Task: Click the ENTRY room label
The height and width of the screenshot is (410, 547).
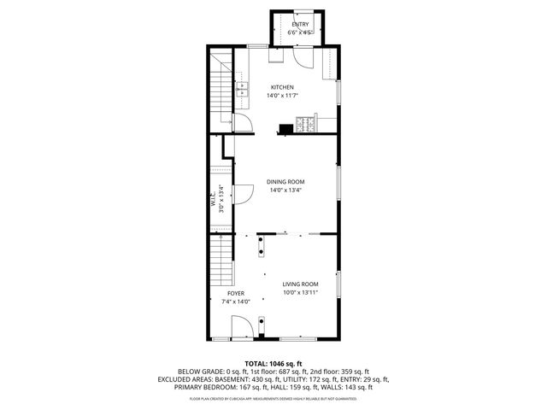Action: point(300,25)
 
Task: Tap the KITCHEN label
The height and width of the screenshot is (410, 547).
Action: point(282,87)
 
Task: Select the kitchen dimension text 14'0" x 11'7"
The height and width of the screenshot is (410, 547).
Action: point(282,96)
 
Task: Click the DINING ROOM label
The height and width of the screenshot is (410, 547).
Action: point(285,181)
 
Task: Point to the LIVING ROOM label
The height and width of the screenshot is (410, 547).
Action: point(301,284)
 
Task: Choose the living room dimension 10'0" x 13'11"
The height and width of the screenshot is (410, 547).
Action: point(301,292)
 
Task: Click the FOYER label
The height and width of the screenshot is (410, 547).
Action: point(236,292)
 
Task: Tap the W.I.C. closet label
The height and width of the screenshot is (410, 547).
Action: point(213,202)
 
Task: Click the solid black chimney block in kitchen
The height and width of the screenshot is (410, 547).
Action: point(283,130)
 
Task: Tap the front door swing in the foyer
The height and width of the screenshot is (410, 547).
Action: point(242,326)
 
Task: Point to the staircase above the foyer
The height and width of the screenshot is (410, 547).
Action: point(222,263)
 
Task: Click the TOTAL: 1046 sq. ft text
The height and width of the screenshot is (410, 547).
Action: point(273,364)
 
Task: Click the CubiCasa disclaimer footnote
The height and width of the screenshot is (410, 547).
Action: point(273,398)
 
